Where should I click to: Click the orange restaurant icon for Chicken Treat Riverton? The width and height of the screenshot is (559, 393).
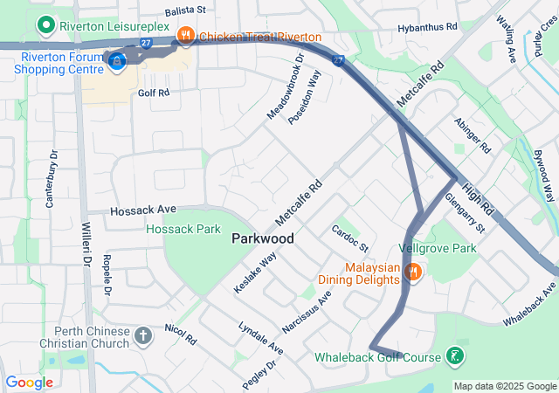[x=185, y=36]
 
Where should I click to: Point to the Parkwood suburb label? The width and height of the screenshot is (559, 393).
[x=262, y=238]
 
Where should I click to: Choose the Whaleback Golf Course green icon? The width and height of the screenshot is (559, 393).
[x=454, y=355]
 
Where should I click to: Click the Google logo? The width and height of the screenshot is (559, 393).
[x=29, y=383]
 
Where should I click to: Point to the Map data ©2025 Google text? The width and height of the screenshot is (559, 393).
[x=505, y=386]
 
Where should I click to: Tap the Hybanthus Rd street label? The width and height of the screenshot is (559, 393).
[x=427, y=28]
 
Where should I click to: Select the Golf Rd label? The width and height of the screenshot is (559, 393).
[x=152, y=92]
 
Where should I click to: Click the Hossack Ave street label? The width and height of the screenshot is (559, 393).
[x=143, y=210]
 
